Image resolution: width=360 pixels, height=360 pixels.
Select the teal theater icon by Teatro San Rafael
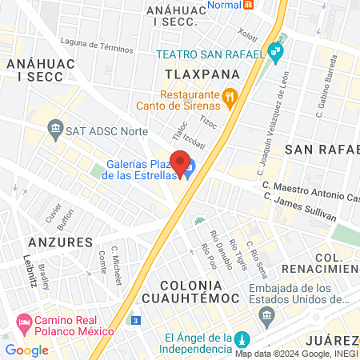(277, 53)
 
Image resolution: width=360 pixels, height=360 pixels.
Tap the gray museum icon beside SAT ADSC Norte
(55, 127)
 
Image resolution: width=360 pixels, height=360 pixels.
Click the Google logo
(26, 350)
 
